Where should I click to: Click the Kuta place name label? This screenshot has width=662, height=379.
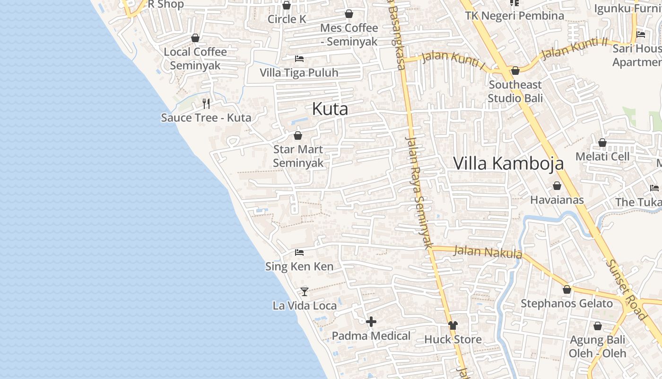330,109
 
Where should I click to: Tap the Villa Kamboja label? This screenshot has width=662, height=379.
508,163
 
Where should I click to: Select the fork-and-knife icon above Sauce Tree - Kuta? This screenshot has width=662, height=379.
206,103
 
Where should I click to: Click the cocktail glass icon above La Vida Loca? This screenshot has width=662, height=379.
305,291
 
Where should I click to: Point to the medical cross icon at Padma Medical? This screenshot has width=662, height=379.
371,322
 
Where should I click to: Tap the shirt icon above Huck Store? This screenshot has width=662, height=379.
453,325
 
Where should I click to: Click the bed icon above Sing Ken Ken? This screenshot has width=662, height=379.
299,253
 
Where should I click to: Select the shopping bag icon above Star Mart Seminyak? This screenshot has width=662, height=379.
298,135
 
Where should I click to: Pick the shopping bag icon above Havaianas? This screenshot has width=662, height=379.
557,186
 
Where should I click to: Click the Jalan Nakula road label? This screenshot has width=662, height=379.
488,252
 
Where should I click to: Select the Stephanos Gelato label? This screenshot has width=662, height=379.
566,303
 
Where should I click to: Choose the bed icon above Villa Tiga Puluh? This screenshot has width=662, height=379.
299,59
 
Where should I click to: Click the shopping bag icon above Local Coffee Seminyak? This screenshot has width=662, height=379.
195,38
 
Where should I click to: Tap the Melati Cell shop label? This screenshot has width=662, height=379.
602,156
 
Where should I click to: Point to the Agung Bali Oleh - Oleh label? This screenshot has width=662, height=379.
597,346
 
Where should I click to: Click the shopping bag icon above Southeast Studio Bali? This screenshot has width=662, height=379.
515,71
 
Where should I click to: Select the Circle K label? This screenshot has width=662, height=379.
287,19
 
